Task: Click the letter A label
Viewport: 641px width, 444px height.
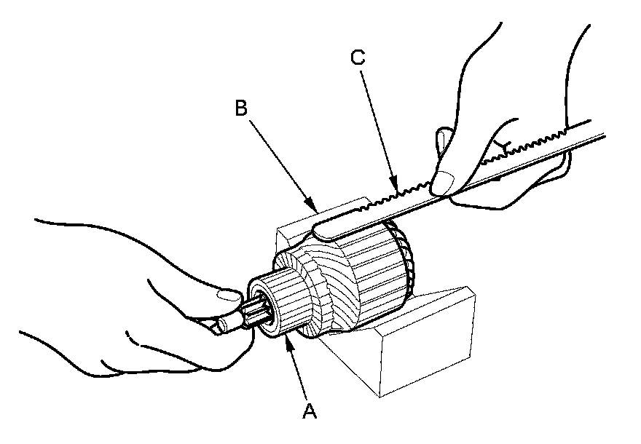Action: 310,412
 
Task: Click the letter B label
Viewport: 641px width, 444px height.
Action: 242,108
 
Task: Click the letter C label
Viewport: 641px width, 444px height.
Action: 358,58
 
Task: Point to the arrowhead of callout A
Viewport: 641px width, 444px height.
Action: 291,341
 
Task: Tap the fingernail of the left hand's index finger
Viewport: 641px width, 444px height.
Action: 227,294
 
